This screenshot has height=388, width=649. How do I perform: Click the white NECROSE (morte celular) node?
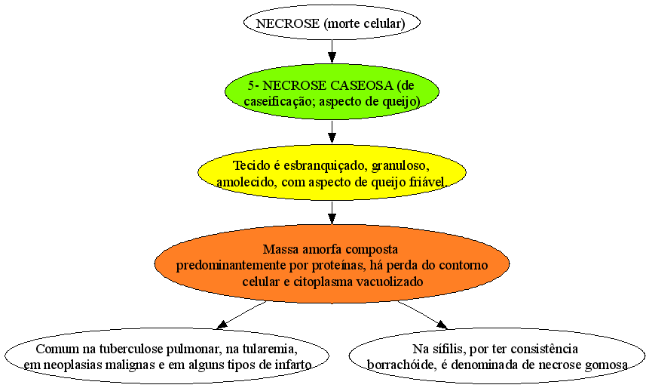[x=332, y=23]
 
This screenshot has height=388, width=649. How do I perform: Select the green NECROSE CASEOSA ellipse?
[x=332, y=91]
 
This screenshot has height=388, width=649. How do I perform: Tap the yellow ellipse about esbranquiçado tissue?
[x=332, y=172]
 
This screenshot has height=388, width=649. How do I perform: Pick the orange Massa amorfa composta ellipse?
[x=332, y=263]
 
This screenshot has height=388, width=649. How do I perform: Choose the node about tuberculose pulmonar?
[x=167, y=356]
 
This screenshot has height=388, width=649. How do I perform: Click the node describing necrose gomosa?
[x=497, y=356]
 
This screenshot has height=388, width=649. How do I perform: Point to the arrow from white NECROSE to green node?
[x=332, y=52]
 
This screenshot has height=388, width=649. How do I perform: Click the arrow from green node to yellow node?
[x=332, y=132]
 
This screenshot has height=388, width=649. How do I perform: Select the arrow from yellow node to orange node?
[x=332, y=213]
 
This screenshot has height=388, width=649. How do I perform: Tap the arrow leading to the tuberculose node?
[x=241, y=315]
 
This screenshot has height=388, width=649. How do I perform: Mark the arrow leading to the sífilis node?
[x=423, y=315]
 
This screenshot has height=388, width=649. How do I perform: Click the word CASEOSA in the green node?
[x=362, y=85]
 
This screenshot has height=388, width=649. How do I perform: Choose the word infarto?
[x=293, y=365]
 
